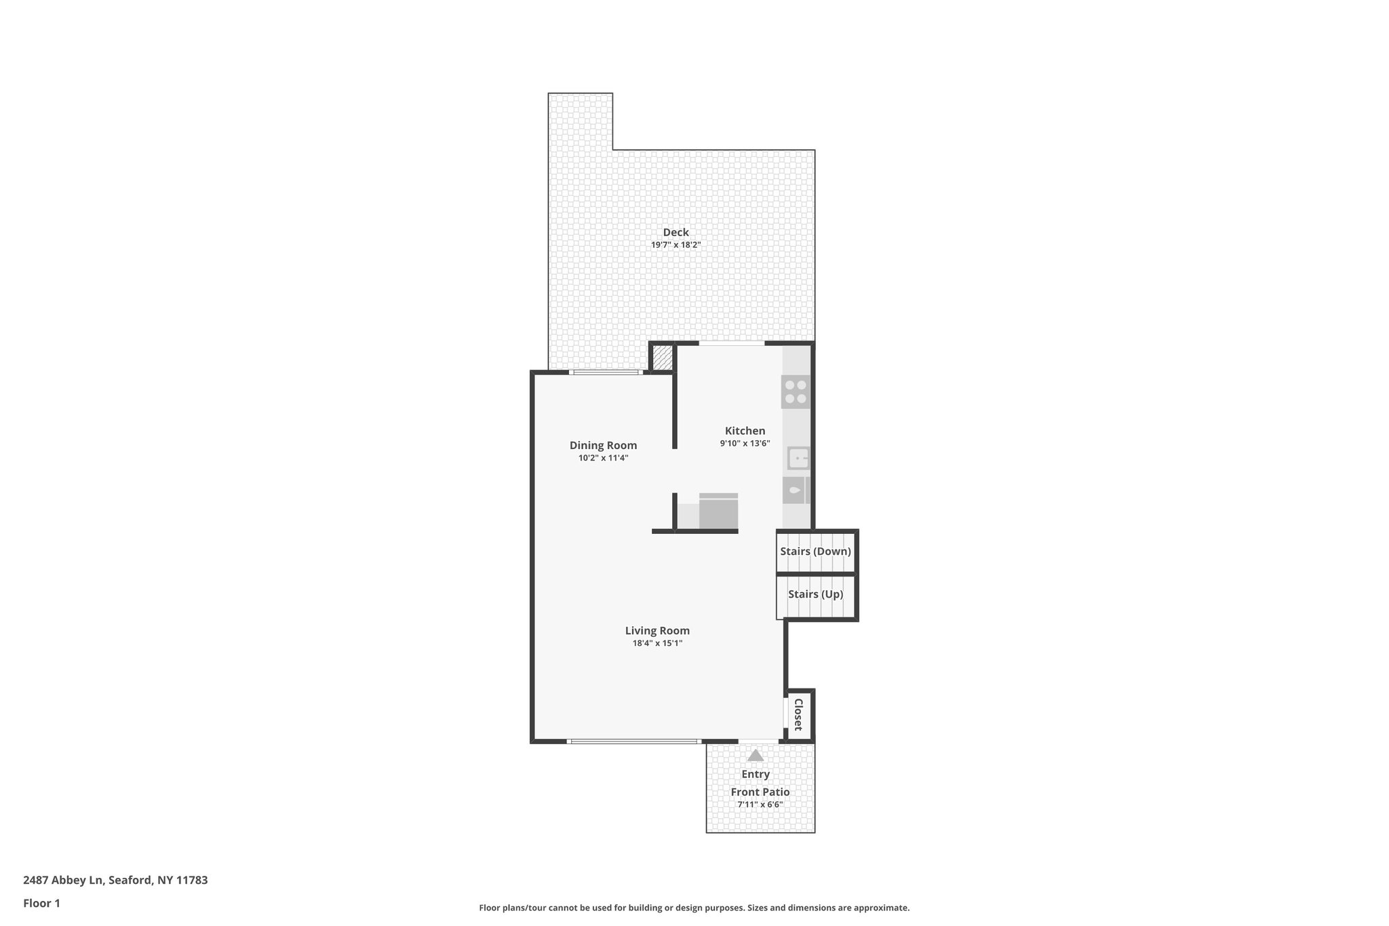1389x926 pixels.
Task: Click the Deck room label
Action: pyautogui.click(x=676, y=233)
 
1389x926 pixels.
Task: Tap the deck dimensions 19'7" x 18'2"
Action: pyautogui.click(x=676, y=245)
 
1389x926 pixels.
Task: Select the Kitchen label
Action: pyautogui.click(x=745, y=431)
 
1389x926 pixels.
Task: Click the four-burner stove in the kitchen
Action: pyautogui.click(x=796, y=391)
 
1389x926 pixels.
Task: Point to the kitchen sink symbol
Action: pyautogui.click(x=798, y=459)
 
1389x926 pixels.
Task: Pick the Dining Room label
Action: pyautogui.click(x=603, y=446)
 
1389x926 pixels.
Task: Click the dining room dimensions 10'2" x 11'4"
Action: pyautogui.click(x=603, y=458)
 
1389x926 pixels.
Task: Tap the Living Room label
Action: pyautogui.click(x=657, y=631)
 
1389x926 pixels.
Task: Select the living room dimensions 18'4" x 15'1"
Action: pyautogui.click(x=657, y=643)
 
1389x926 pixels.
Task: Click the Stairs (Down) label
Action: pyautogui.click(x=815, y=552)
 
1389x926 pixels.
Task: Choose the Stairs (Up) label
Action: pyautogui.click(x=815, y=594)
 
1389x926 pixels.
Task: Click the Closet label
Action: pyautogui.click(x=798, y=714)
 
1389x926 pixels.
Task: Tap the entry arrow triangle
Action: pyautogui.click(x=756, y=756)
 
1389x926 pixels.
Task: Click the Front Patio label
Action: pyautogui.click(x=760, y=792)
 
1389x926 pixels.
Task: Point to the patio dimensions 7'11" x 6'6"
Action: pyautogui.click(x=760, y=805)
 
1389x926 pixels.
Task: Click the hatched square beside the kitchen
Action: pyautogui.click(x=662, y=358)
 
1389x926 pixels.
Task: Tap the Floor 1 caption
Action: pyautogui.click(x=42, y=903)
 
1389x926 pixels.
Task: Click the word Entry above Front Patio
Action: pyautogui.click(x=756, y=774)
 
